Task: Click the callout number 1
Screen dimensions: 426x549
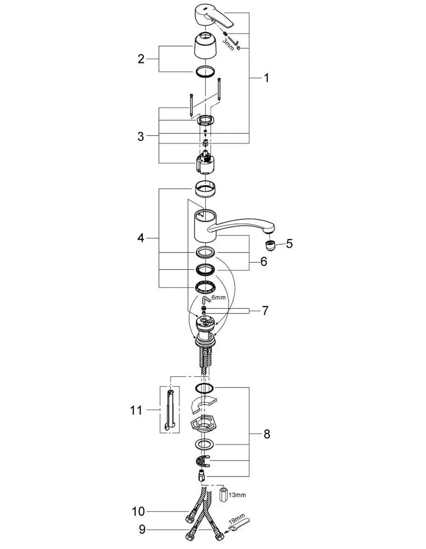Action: click(x=266, y=78)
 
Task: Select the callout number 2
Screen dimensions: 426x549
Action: click(x=141, y=59)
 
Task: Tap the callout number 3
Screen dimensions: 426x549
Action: click(x=141, y=137)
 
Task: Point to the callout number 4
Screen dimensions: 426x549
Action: click(x=141, y=238)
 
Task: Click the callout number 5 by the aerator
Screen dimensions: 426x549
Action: click(x=289, y=244)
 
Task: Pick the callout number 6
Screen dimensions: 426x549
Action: click(x=264, y=261)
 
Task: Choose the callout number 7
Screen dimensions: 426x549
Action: click(x=265, y=311)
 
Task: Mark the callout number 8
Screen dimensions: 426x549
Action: click(x=267, y=434)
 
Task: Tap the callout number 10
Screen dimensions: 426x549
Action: click(x=138, y=511)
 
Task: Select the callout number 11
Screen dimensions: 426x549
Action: click(x=136, y=410)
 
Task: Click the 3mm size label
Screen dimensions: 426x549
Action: click(x=228, y=44)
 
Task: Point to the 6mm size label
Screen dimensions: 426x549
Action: click(x=219, y=297)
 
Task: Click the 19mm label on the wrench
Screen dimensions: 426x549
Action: click(x=236, y=524)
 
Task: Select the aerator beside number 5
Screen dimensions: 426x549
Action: click(x=270, y=246)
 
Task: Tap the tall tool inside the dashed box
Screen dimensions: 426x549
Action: click(x=169, y=410)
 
